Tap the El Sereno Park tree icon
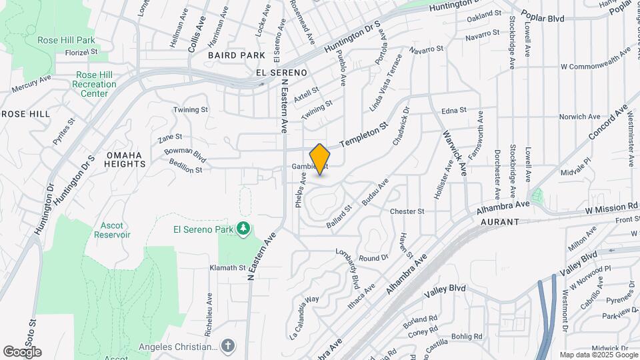pyautogui.click(x=245, y=229)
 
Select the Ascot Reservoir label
pyautogui.click(x=112, y=230)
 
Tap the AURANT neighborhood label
pyautogui.click(x=499, y=221)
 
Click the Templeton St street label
pyautogui.click(x=364, y=135)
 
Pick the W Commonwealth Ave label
pyautogui.click(x=595, y=67)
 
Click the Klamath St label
pyautogui.click(x=228, y=267)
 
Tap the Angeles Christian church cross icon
pyautogui.click(x=228, y=345)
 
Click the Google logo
pyautogui.click(x=22, y=352)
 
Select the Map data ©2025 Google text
pyautogui.click(x=598, y=355)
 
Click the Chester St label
pyautogui.click(x=407, y=211)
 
